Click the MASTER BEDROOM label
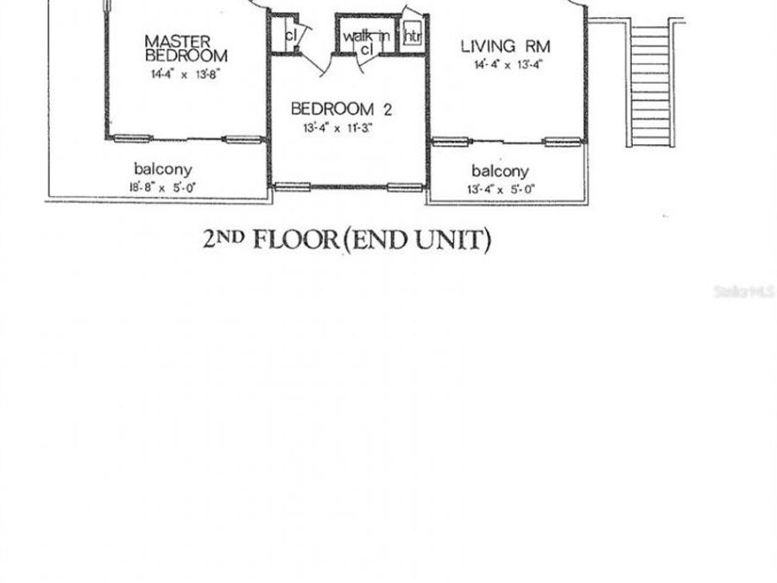tap(185, 48)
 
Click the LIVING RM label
tap(505, 46)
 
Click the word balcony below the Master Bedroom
tap(162, 169)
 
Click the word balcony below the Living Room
tap(500, 172)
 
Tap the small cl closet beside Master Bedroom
tap(291, 35)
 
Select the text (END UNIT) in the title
tap(417, 240)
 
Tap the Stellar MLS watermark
tap(745, 293)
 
